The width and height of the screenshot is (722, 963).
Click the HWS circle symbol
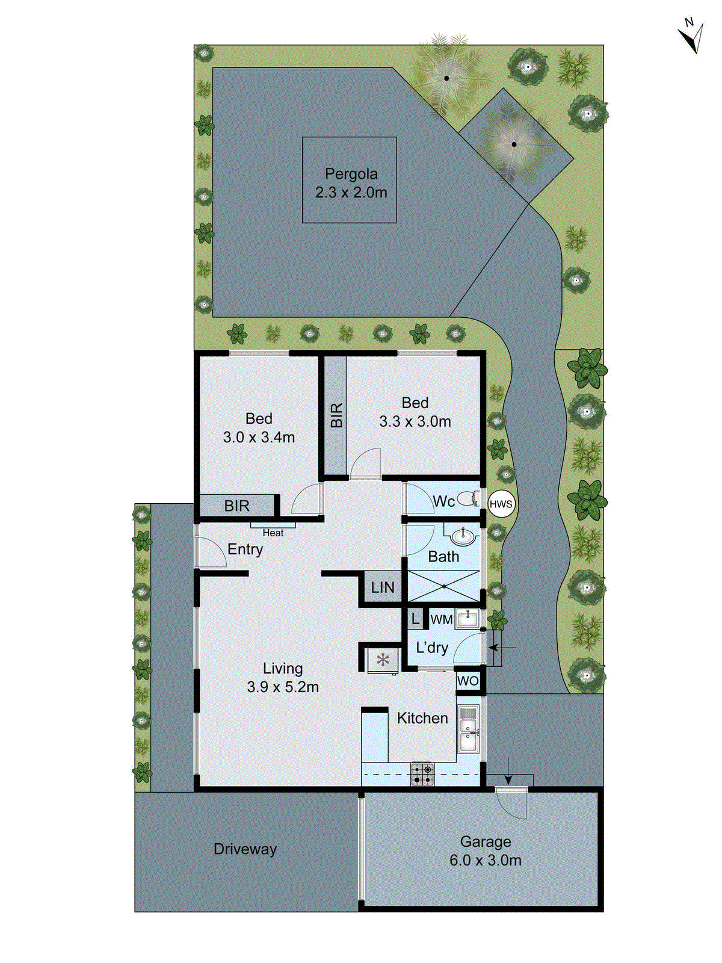tap(501, 504)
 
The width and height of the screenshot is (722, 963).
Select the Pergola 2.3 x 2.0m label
tap(351, 183)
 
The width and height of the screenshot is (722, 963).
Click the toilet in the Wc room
tap(468, 499)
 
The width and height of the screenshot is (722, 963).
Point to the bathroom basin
tap(462, 536)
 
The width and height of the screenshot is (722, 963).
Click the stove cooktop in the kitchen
tap(422, 774)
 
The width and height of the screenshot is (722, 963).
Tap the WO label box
tap(468, 681)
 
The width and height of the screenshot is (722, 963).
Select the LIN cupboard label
tap(383, 587)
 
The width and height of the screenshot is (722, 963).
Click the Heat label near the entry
tap(273, 533)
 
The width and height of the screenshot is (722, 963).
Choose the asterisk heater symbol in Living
tap(383, 661)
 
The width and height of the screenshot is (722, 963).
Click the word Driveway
tap(245, 849)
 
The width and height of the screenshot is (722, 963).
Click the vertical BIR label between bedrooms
tap(336, 415)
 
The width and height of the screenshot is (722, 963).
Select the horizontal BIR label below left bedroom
tap(236, 506)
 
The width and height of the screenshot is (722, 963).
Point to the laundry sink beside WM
tap(467, 618)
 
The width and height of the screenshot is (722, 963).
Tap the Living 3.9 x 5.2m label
tap(283, 678)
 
